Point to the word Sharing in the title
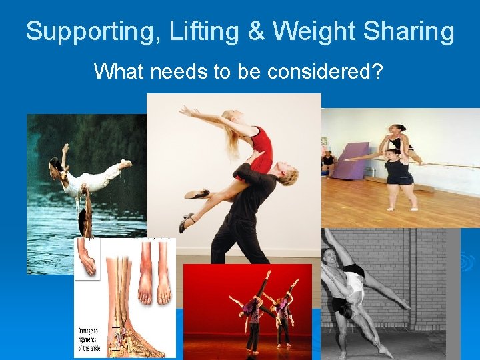pos(409,31)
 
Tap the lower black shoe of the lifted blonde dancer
pos(187,223)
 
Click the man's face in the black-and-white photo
pos(328,257)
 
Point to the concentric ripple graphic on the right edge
pos(467,263)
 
